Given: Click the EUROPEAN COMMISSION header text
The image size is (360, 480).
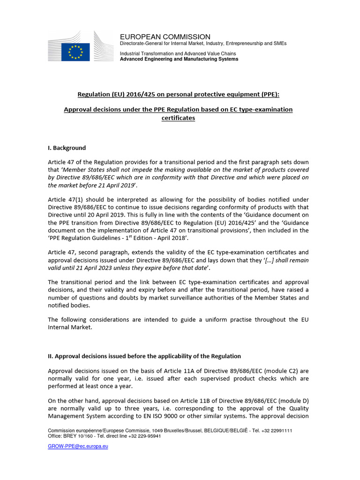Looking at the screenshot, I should point(165,37).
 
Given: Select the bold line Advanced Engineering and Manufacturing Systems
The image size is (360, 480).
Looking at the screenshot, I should point(179,59).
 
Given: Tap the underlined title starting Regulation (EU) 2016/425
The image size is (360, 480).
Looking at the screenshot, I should point(178,94).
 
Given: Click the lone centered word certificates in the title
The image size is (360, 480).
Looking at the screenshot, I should point(178,118).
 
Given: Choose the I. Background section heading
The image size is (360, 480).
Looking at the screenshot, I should point(67,148).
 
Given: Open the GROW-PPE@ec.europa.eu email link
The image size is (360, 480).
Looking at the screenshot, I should point(78,446).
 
